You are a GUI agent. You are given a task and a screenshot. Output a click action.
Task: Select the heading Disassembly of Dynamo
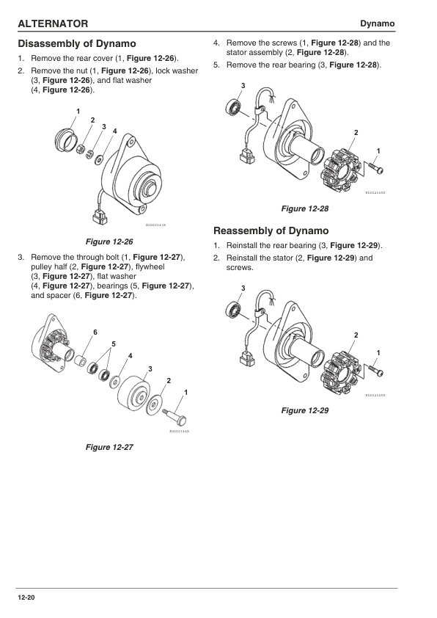pyautogui.click(x=76, y=44)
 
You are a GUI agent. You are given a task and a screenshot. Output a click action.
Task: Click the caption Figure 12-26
pyautogui.click(x=109, y=241)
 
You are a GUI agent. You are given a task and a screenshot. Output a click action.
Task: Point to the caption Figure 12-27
pyautogui.click(x=109, y=447)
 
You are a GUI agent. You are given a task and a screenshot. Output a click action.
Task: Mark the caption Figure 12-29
pyautogui.click(x=305, y=410)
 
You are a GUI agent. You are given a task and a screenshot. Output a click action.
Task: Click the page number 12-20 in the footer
pyautogui.click(x=26, y=599)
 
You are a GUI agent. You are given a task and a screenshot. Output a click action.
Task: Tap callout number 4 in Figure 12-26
pyautogui.click(x=115, y=131)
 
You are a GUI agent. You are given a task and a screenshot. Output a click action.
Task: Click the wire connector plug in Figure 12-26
pyautogui.click(x=97, y=217)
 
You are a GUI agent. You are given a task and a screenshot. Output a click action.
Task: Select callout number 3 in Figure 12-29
pyautogui.click(x=243, y=287)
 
